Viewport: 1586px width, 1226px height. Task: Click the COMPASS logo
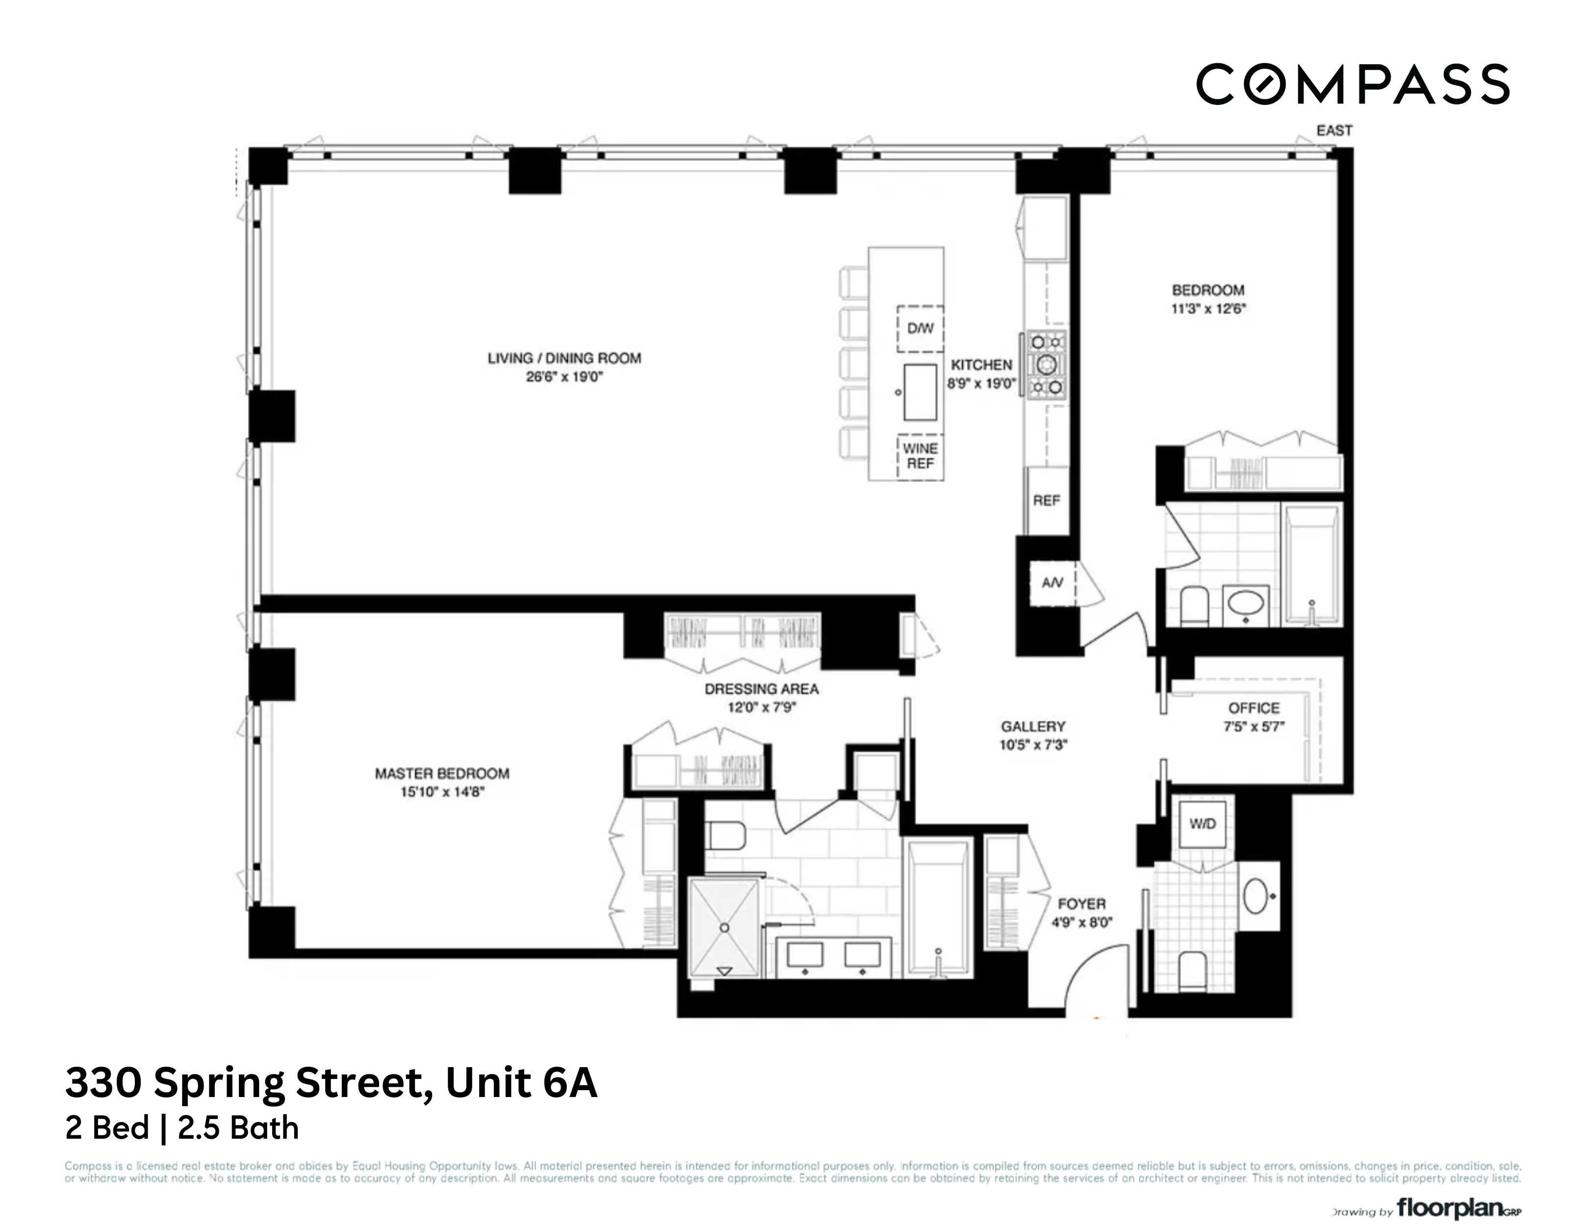(x=1352, y=85)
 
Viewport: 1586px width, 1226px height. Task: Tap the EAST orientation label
(x=1334, y=131)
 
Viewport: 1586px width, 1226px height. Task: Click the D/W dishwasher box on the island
(x=920, y=328)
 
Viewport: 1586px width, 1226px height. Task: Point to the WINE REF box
(x=920, y=456)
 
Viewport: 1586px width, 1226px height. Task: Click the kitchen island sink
(x=920, y=393)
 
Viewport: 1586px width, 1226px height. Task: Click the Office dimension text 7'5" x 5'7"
(x=1254, y=726)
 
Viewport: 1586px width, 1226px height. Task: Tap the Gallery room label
(x=1033, y=726)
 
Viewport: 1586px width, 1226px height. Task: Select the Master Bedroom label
(x=441, y=773)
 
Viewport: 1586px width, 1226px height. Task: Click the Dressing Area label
(x=761, y=689)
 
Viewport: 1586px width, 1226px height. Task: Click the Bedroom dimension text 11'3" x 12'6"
(x=1208, y=308)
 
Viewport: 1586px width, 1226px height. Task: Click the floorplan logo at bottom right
(x=1458, y=1208)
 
